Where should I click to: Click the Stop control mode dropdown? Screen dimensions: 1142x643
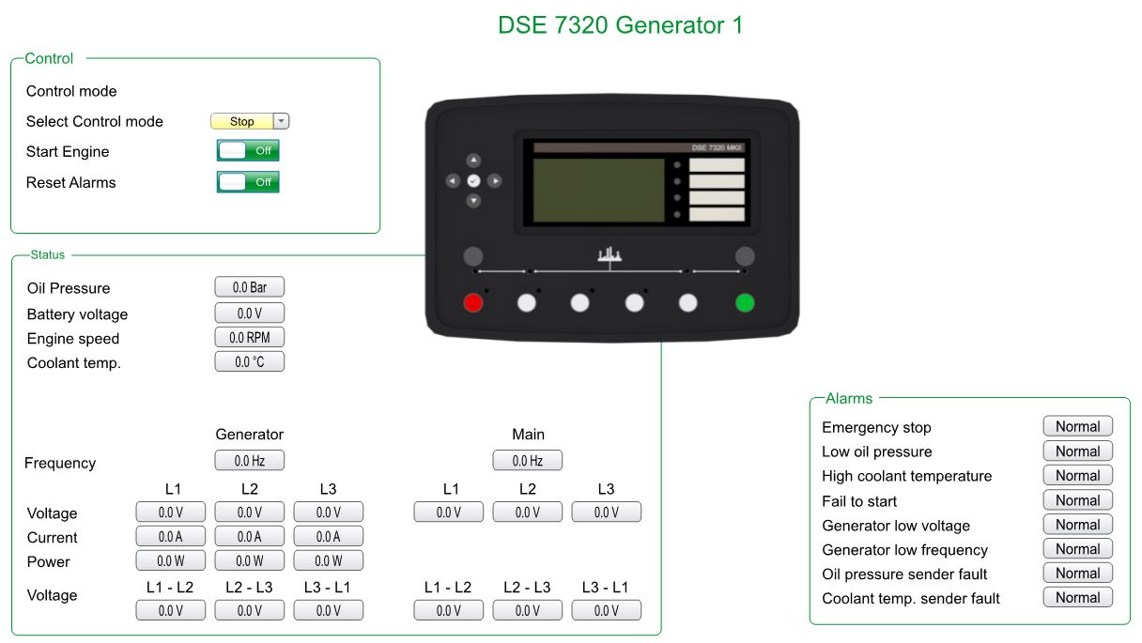[x=250, y=121]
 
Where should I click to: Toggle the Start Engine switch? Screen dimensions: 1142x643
[x=248, y=151]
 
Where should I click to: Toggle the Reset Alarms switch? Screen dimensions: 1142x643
[x=248, y=182]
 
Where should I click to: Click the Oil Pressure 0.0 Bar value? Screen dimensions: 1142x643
[x=249, y=287]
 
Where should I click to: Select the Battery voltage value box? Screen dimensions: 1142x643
[x=249, y=313]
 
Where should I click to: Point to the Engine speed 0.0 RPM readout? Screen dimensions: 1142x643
[x=249, y=337]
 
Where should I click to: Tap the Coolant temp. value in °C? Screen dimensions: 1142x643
[x=249, y=361]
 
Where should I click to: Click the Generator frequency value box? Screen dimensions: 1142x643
[x=249, y=461]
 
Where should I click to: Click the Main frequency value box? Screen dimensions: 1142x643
[x=528, y=461]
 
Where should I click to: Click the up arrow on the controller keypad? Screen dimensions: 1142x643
[x=473, y=161]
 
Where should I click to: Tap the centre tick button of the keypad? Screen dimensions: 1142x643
[x=473, y=181]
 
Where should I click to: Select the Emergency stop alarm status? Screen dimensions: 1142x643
[x=1078, y=426]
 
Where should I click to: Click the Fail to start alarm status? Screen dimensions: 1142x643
[x=1078, y=499]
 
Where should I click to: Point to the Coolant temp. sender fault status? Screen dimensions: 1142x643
[x=1078, y=597]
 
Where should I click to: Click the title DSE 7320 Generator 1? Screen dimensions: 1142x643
[x=620, y=25]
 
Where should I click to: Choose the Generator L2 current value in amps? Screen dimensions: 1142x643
[x=249, y=536]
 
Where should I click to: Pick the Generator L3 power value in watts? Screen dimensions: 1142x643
[x=329, y=560]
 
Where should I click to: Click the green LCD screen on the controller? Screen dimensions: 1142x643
[x=598, y=191]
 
